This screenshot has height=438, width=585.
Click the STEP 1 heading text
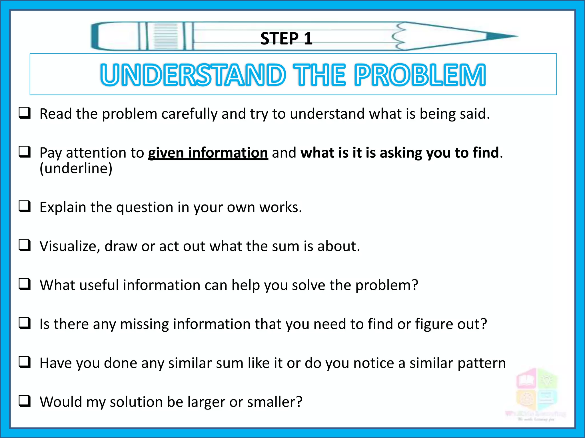point(286,38)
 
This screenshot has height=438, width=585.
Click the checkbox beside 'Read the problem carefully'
point(25,113)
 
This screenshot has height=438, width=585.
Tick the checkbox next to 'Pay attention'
point(25,152)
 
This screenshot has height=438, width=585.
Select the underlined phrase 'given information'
point(208,153)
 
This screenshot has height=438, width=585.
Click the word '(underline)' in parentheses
point(76,168)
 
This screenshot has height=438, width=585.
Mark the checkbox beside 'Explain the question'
point(25,206)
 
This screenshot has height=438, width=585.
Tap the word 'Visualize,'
point(70,246)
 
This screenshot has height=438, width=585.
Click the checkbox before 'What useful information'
point(25,284)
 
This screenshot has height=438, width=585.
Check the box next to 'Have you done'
point(25,362)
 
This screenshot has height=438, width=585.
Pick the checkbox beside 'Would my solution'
point(25,401)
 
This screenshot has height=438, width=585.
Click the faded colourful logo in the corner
point(536,394)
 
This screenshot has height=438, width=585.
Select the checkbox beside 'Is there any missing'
point(25,323)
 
